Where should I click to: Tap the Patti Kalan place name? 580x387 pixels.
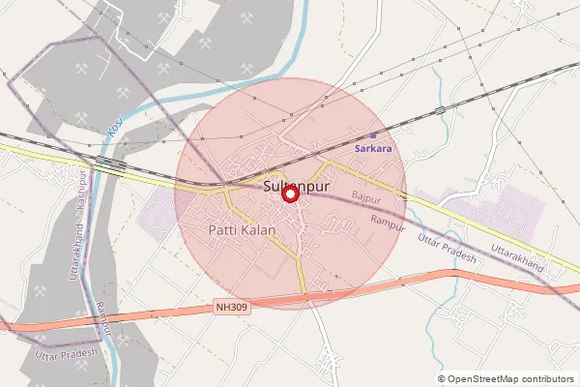242,230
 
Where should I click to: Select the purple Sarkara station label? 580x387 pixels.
373,149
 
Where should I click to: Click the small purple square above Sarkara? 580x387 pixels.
373,135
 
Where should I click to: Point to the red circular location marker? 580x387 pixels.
289,193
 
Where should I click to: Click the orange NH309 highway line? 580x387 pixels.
387,287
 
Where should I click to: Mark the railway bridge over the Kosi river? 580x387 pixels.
109,163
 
